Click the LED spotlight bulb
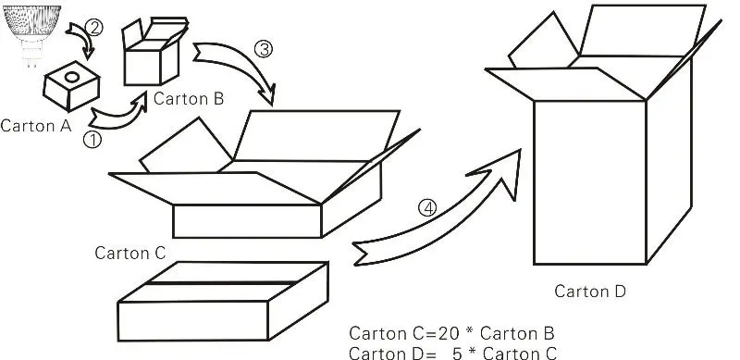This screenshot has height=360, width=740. pos(31,31)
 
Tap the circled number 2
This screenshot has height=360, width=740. pos(94,28)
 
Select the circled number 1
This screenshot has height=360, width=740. pos(92,140)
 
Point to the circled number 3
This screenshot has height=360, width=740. pos(264,49)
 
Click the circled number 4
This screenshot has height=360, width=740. pos(427,208)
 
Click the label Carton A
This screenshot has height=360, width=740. pos(36,126)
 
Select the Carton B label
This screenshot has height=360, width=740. pos(189,99)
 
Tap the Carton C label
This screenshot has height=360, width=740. pos(130,253)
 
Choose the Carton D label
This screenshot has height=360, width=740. pos(590,291)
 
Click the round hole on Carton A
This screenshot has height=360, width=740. pos(71,77)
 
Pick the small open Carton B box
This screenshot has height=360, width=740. pos(154,52)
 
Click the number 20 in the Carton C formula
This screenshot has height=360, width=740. pos(449,333)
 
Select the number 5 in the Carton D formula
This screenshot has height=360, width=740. pos(457,354)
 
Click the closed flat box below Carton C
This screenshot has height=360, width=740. pos(223,302)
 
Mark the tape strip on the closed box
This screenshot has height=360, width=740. pos(222,283)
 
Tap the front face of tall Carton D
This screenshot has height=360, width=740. pos(590,182)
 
